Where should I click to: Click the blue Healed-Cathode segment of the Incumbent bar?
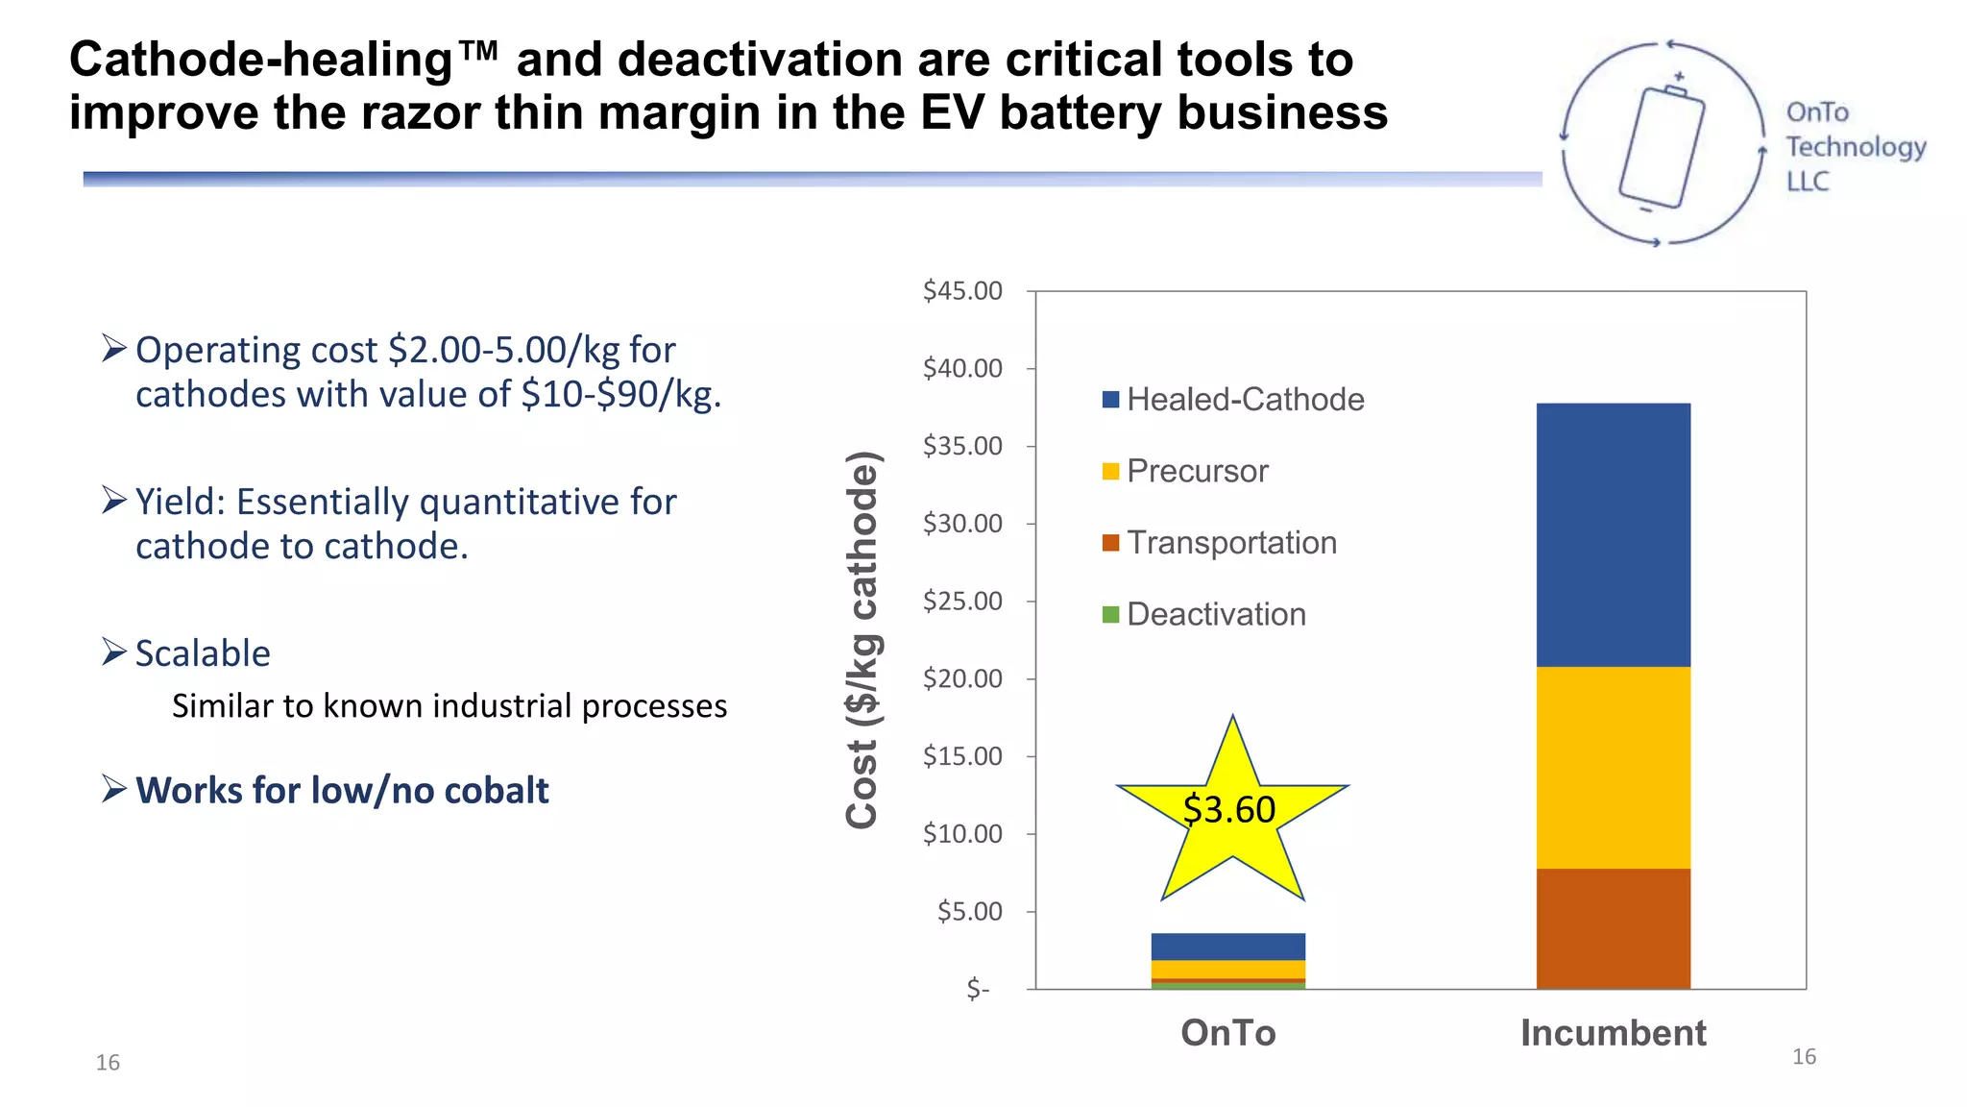pos(1613,534)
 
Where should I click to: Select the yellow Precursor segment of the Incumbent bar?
pos(1613,767)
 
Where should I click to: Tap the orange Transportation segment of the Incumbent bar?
pos(1613,928)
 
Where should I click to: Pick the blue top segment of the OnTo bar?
pos(1227,947)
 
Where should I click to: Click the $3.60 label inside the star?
pos(1228,810)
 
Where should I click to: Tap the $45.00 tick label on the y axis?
pos(961,290)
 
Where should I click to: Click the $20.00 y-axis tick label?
pos(961,678)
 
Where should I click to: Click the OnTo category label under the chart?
pos(1227,1033)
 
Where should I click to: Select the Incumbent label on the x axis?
pos(1613,1033)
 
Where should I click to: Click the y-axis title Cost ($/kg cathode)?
pos(862,639)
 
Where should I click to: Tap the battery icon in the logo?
pos(1662,147)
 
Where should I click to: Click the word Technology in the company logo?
pos(1855,147)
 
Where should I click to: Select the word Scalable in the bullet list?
pos(203,653)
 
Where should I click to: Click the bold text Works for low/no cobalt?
pos(342,791)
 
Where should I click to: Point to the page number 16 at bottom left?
pos(108,1062)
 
